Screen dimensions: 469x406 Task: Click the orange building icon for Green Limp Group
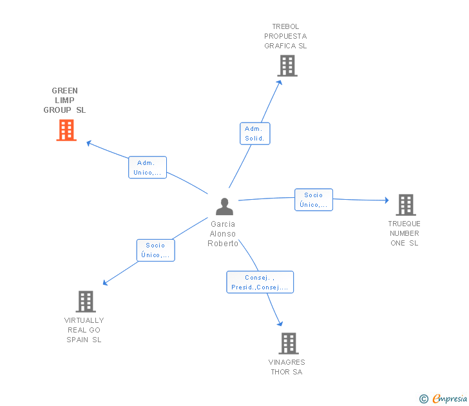66,130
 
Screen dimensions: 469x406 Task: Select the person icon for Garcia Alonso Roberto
224,206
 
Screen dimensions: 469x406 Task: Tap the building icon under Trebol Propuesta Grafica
287,66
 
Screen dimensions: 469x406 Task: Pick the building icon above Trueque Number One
406,205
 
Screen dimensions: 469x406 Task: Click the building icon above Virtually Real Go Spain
86,302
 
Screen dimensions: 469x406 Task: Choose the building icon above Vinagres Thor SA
289,343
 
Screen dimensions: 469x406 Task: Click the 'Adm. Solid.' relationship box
255,133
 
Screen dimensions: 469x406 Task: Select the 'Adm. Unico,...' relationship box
148,168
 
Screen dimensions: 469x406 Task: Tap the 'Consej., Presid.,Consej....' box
260,282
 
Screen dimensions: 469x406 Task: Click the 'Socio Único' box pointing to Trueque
314,200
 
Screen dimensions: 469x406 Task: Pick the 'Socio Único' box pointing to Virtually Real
155,250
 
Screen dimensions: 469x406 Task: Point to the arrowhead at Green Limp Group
88,143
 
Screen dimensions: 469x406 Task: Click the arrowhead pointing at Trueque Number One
387,200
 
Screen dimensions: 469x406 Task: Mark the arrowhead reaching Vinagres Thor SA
280,324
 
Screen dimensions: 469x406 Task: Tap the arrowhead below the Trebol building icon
280,82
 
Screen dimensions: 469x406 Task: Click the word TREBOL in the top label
285,26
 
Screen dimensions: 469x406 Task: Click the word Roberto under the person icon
223,244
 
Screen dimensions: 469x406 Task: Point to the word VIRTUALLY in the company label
84,320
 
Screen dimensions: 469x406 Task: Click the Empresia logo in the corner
443,398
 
